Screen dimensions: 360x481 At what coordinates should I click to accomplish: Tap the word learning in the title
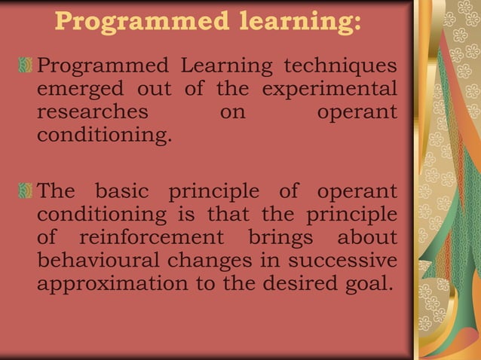click(x=293, y=22)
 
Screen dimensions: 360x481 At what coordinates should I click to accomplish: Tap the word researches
click(x=91, y=114)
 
